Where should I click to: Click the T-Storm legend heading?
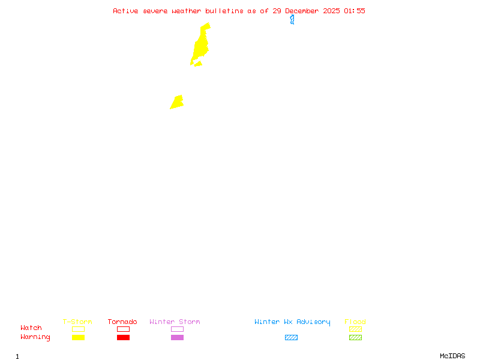pyautogui.click(x=77, y=322)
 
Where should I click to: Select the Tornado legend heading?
pyautogui.click(x=122, y=322)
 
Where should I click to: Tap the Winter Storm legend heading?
pyautogui.click(x=175, y=322)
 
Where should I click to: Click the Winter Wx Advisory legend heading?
pyautogui.click(x=292, y=322)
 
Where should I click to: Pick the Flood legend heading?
pyautogui.click(x=355, y=322)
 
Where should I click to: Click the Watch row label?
pyautogui.click(x=31, y=328)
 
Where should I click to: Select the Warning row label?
pyautogui.click(x=35, y=337)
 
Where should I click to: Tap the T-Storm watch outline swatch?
pyautogui.click(x=78, y=329)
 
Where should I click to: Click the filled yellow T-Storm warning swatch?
pyautogui.click(x=78, y=337)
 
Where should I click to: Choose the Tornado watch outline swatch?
pyautogui.click(x=123, y=329)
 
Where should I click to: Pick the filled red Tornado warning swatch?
pyautogui.click(x=123, y=337)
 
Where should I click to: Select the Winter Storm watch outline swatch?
pyautogui.click(x=177, y=329)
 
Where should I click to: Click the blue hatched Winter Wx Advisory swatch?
pyautogui.click(x=291, y=337)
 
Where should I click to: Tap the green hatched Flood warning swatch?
pyautogui.click(x=355, y=337)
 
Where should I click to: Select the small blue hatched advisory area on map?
pyautogui.click(x=292, y=20)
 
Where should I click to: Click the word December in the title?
pyautogui.click(x=303, y=11)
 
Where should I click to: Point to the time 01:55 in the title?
pyautogui.click(x=354, y=11)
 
